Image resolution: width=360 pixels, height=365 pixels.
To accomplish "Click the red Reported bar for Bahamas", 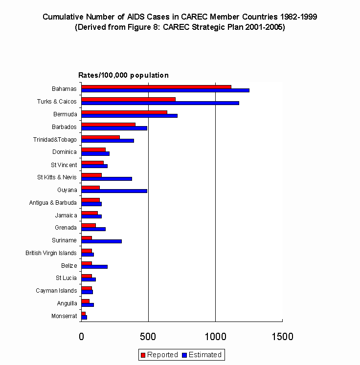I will click(156, 86).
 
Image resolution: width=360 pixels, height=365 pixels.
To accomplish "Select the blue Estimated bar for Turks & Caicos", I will click(160, 103).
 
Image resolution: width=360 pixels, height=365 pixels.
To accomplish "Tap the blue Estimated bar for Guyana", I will click(114, 191).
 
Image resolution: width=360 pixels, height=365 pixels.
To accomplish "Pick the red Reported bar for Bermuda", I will click(124, 112).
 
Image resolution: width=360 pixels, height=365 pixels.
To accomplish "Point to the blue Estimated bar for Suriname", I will click(101, 241).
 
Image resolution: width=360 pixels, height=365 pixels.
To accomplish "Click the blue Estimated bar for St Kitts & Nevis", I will click(107, 179).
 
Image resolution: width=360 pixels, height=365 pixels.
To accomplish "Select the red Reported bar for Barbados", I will click(108, 125).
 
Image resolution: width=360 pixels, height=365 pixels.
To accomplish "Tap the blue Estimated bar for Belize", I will click(94, 267).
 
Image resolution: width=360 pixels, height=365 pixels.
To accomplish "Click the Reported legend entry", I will click(159, 355).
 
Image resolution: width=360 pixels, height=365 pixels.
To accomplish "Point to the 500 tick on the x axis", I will click(148, 337).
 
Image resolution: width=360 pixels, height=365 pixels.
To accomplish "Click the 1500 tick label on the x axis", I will click(282, 337).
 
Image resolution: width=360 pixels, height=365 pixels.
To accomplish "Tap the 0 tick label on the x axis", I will click(82, 337).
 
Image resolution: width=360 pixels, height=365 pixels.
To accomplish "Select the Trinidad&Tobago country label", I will click(55, 140).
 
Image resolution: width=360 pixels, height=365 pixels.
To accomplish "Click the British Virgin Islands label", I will click(51, 253).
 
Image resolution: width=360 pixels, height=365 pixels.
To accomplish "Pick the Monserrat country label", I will click(64, 316).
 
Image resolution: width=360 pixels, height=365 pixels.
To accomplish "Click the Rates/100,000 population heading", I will click(124, 75).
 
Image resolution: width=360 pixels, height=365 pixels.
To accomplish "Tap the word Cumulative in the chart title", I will click(62, 17).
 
